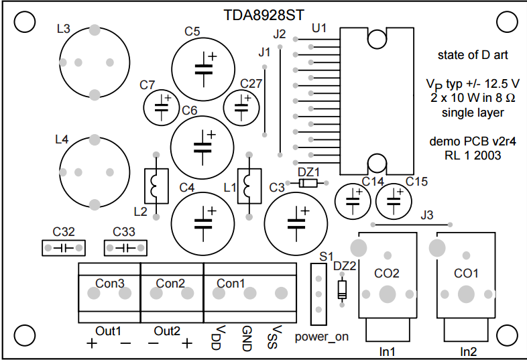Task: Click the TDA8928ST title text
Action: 264,15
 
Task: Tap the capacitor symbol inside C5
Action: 204,69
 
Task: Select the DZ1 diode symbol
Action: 308,183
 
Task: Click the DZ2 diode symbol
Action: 342,290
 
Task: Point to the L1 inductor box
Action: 249,186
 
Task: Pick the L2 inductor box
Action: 156,186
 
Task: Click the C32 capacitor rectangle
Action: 64,248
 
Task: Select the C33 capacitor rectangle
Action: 125,248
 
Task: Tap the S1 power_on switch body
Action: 318,294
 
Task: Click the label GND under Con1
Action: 247,339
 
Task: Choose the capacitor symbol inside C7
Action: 162,107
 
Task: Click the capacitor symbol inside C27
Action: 241,107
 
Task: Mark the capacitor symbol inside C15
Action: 394,201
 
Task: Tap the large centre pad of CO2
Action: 388,294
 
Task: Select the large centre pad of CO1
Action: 466,294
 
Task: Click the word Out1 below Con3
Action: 108,331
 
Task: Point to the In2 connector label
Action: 469,352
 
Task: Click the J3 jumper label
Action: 427,215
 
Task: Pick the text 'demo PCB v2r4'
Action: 473,141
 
